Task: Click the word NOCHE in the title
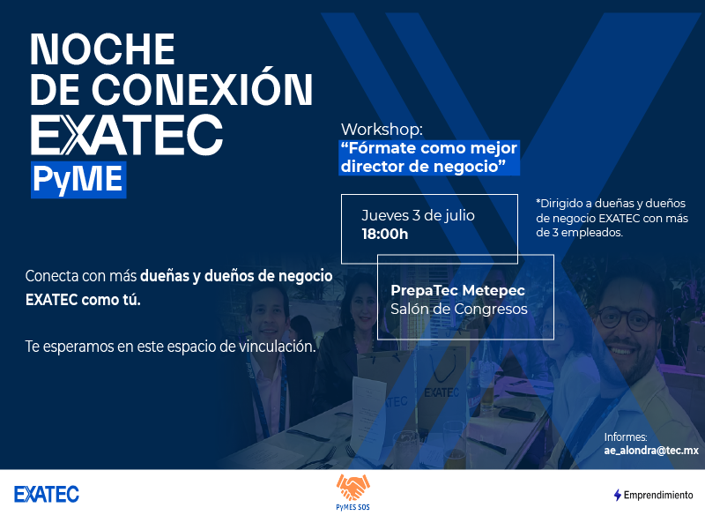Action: click(102, 49)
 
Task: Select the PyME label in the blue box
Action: click(78, 180)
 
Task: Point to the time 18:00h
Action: click(385, 234)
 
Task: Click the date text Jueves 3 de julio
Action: click(418, 215)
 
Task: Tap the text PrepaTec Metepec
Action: click(457, 290)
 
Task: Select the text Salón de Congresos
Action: click(459, 309)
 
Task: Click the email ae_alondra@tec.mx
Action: click(651, 451)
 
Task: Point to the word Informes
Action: click(626, 437)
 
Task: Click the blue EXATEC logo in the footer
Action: click(47, 494)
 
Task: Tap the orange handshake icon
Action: click(353, 488)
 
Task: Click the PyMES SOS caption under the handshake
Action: click(353, 507)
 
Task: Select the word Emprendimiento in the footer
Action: click(658, 495)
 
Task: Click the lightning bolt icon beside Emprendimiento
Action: click(618, 495)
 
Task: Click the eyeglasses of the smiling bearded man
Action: click(626, 318)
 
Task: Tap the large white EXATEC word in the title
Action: click(127, 134)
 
